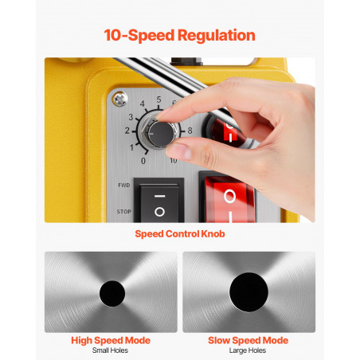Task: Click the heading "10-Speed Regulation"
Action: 179,35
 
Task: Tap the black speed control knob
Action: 160,134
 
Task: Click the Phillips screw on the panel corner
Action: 120,99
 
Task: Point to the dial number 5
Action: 158,100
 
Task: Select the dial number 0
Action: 143,161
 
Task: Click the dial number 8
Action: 190,131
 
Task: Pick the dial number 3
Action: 131,117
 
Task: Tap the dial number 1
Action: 131,147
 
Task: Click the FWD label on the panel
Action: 124,185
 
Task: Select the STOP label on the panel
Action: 124,212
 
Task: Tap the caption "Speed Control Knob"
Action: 180,234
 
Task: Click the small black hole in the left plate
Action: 112,293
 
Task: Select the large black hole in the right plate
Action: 248,292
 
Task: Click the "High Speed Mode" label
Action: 111,340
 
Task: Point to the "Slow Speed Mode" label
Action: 248,340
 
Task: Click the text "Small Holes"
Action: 110,350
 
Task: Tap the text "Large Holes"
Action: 248,350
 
